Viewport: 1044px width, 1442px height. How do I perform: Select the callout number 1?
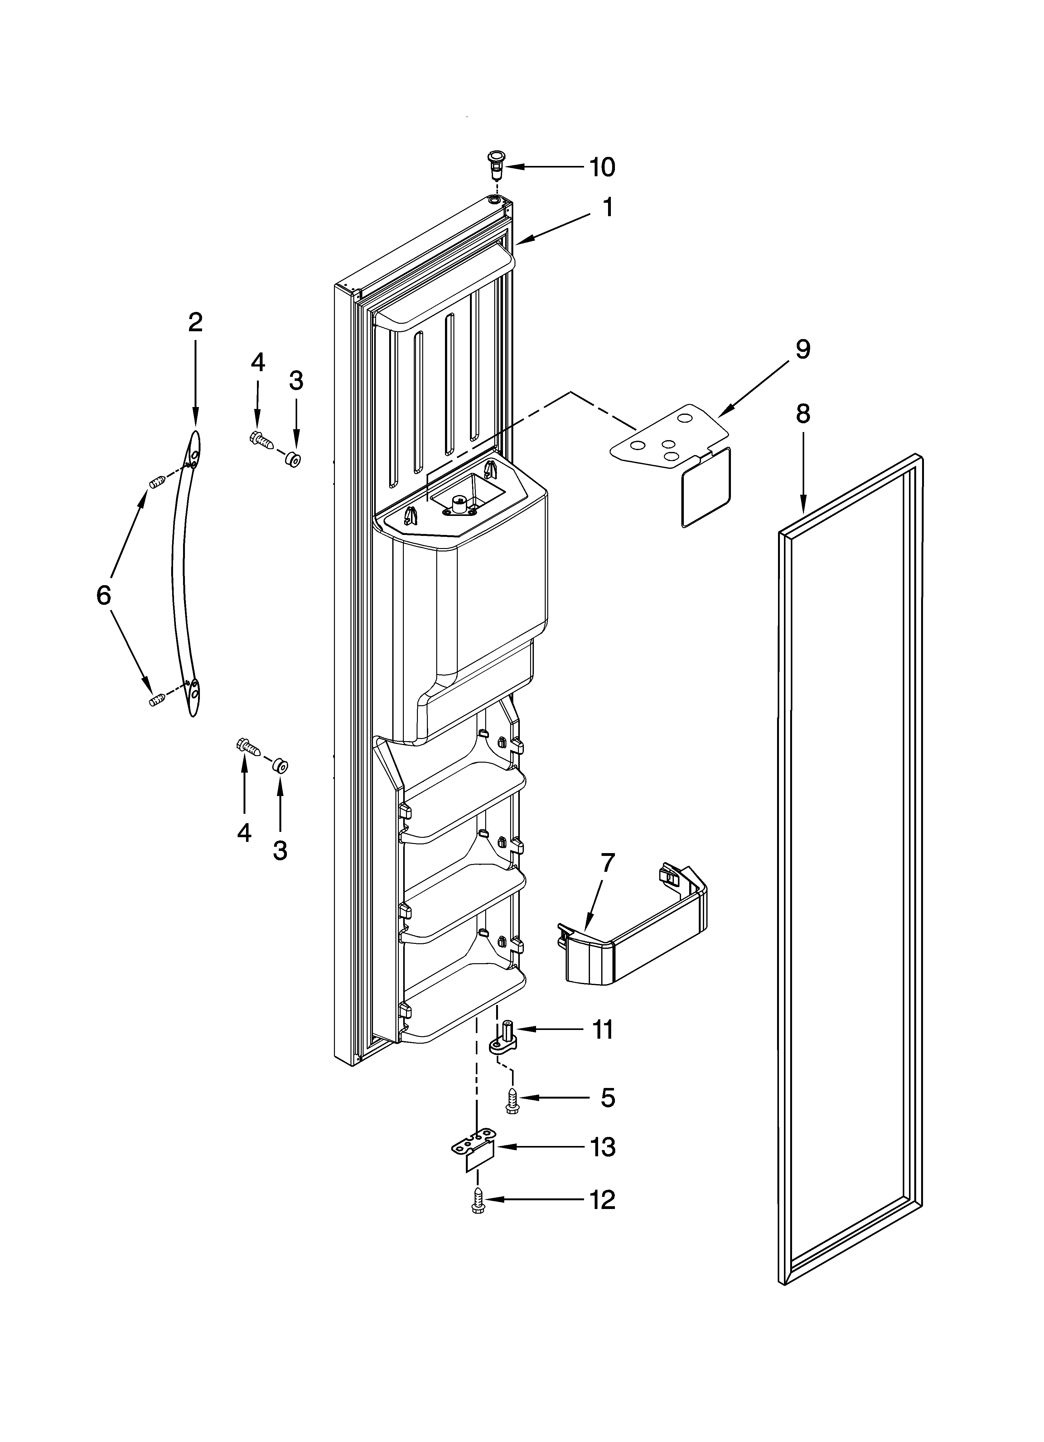(x=608, y=207)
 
